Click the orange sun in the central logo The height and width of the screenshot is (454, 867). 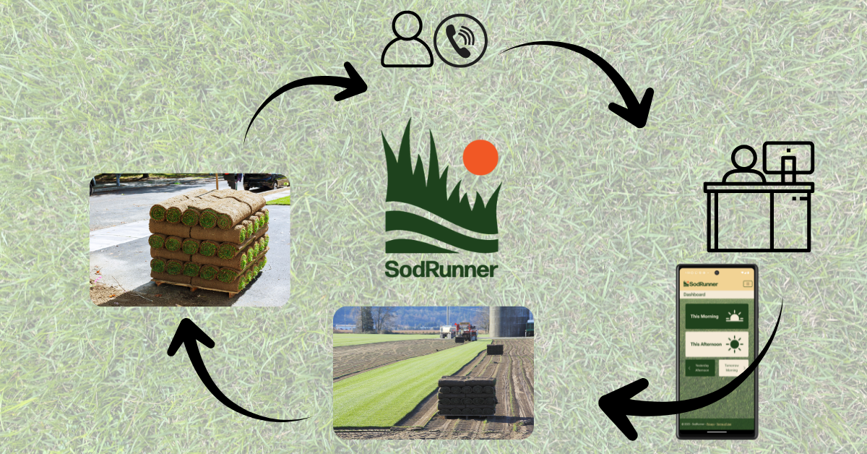tap(480, 158)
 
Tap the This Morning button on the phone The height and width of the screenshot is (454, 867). tap(717, 316)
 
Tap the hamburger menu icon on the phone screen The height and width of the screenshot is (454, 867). tap(747, 283)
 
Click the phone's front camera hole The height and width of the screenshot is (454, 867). tap(717, 273)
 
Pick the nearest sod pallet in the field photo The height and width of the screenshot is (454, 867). tap(467, 395)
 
